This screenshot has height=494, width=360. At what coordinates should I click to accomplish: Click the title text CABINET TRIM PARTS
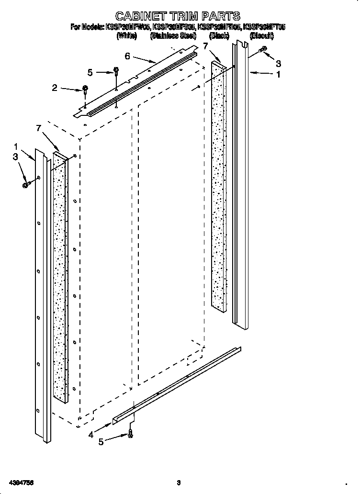178,17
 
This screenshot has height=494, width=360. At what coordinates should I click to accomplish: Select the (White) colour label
127,35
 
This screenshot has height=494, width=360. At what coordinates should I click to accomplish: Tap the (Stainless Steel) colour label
173,35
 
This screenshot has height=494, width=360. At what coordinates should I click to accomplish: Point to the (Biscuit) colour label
262,35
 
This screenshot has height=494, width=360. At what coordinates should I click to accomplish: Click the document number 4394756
20,482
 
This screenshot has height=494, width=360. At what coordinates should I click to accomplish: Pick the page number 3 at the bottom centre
178,482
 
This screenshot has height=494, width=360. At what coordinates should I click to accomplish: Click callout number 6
127,56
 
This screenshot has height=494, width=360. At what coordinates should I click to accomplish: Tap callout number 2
55,88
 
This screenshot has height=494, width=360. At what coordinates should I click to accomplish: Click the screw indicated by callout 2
85,89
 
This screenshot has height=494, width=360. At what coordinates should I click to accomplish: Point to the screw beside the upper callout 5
116,72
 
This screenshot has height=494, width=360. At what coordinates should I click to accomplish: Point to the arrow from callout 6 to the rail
144,59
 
